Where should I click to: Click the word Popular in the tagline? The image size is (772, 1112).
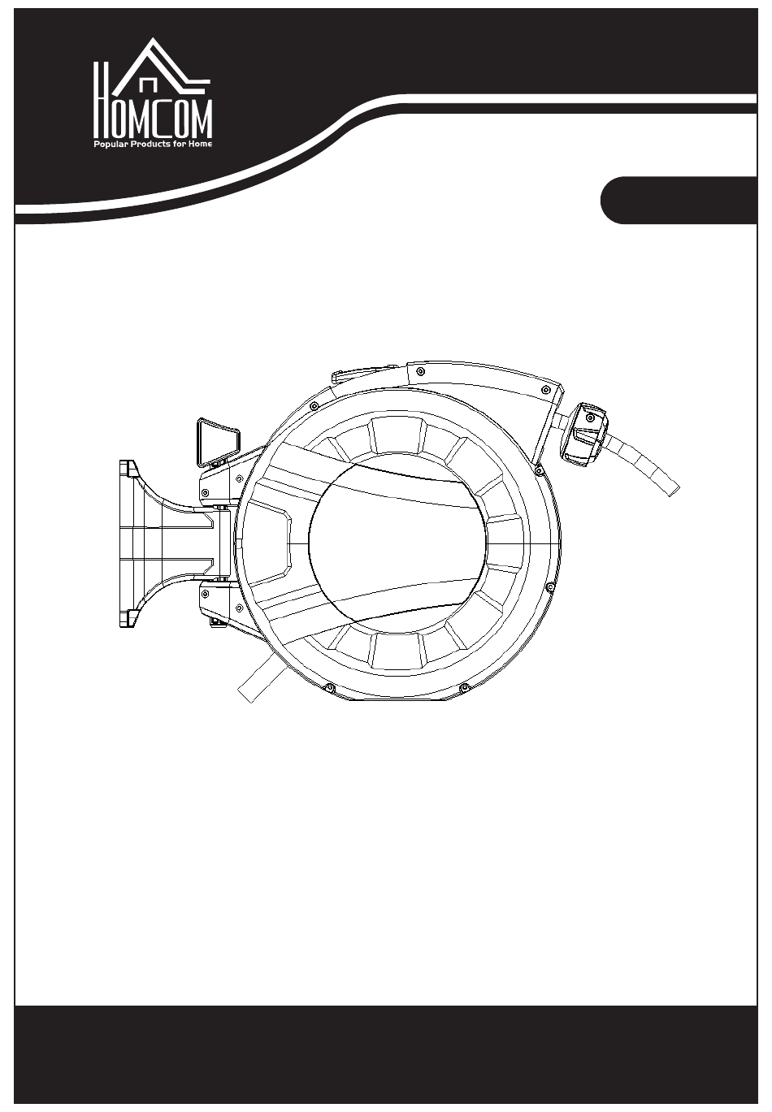111,144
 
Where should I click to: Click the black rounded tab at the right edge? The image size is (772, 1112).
679,200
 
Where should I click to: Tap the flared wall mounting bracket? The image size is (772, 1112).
164,543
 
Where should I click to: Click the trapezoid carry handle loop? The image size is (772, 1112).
218,442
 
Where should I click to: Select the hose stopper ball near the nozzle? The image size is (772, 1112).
584,435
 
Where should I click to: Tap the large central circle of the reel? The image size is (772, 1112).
397,543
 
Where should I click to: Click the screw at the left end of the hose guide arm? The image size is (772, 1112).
421,371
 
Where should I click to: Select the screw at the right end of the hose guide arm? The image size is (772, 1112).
546,390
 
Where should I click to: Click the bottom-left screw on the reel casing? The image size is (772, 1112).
329,688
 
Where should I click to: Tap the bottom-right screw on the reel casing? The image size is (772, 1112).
465,688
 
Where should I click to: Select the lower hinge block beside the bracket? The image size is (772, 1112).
219,600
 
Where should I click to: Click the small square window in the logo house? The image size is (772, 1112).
149,85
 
